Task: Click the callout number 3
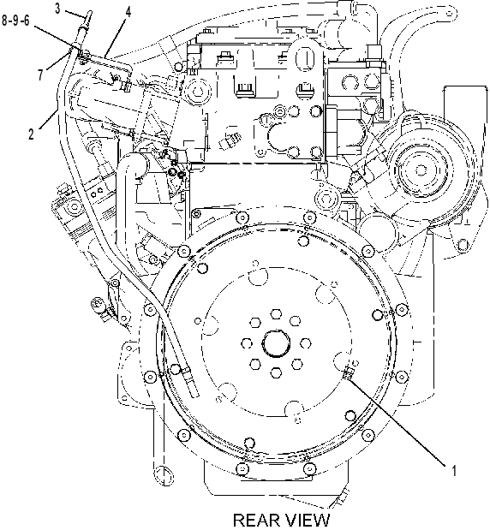[x=57, y=9]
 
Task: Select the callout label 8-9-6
[x=16, y=21]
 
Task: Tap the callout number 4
[x=128, y=12]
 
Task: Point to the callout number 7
[x=41, y=74]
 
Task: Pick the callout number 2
[x=32, y=134]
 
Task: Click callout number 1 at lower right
[x=454, y=471]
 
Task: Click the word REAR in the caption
[x=254, y=521]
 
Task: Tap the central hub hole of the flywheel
[x=276, y=343]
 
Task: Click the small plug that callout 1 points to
[x=348, y=374]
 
